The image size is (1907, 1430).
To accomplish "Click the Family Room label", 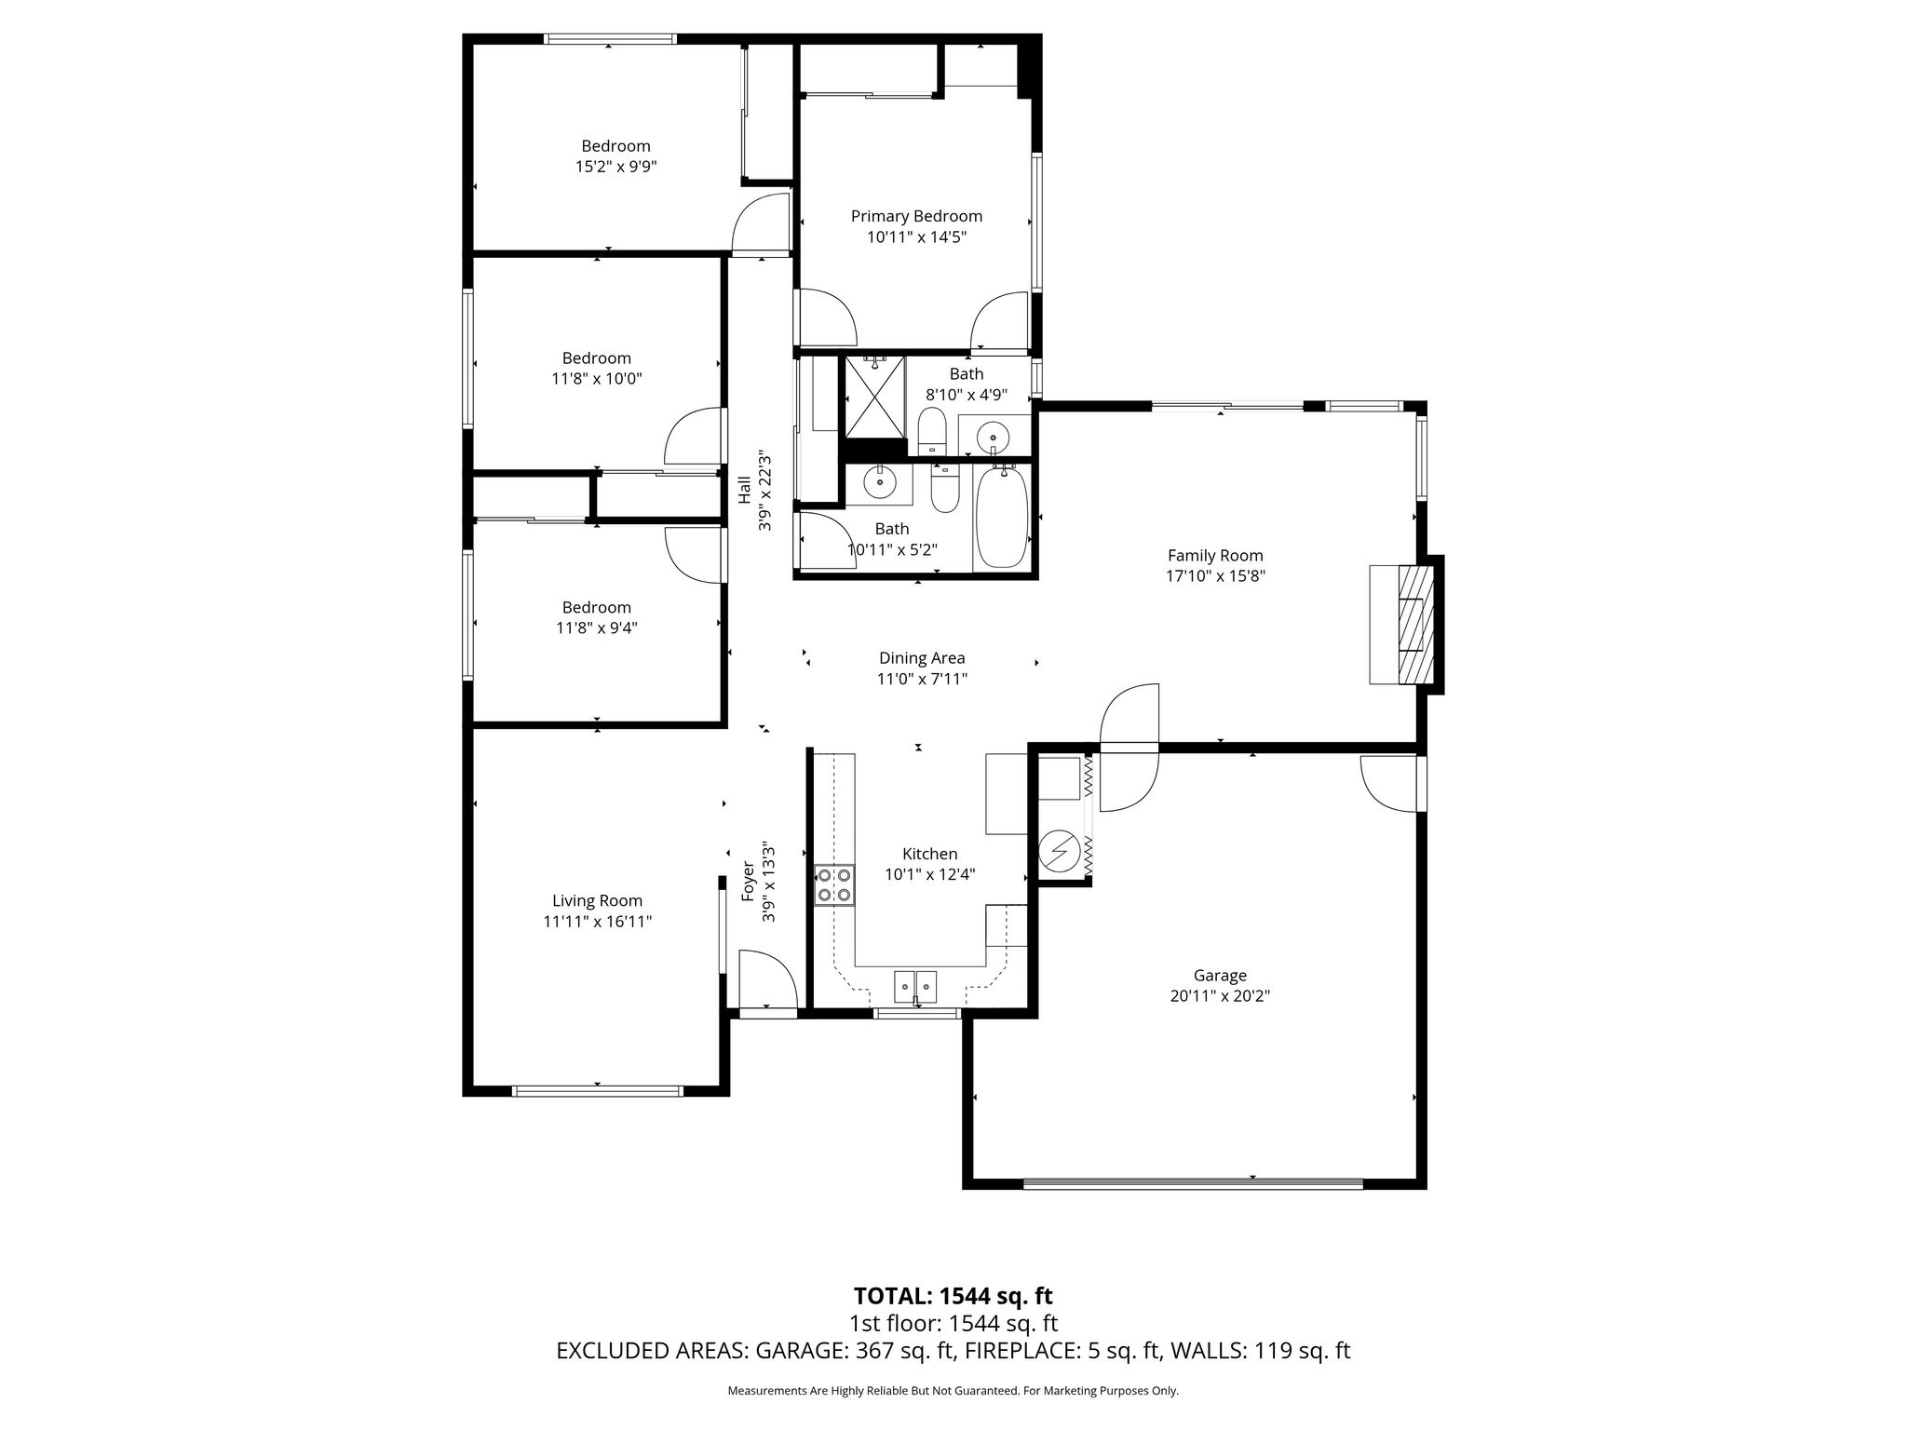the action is pos(1215,556).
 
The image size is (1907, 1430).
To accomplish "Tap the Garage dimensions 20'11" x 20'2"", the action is pos(1220,996).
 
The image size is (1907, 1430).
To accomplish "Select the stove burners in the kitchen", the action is pos(833,884).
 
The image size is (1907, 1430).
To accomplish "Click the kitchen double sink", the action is pos(915,984).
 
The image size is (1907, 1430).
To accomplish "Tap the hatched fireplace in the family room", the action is pos(1414,625).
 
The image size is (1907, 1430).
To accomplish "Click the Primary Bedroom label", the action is pos(916,216).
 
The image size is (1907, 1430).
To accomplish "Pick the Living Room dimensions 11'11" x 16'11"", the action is pos(598,922).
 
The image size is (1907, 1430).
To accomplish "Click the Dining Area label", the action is pos(922,658).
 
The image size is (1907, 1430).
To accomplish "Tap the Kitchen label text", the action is pos(929,854).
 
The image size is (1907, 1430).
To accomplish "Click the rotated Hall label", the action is pos(744,491).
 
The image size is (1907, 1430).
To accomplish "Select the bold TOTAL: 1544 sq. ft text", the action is pos(953,1296).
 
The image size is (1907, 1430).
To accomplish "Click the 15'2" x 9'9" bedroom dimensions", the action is pos(615,167).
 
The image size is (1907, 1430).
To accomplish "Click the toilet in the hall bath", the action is pos(945,490).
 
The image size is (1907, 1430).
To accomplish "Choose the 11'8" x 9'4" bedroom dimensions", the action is pos(597,628).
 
